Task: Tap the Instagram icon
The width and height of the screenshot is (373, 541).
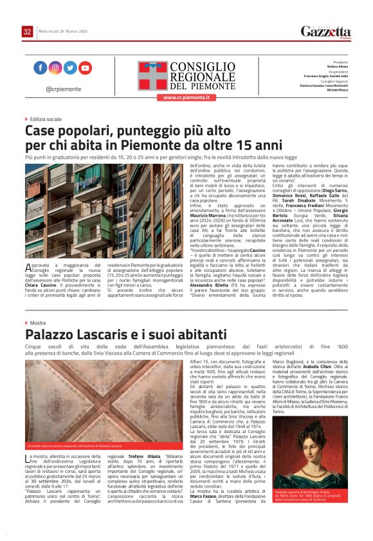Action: (55, 67)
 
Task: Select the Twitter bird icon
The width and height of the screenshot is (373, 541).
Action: (70, 67)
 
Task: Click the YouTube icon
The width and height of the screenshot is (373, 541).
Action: (85, 67)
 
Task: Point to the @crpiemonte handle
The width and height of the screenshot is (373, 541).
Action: (62, 89)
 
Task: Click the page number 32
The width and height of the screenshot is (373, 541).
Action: (27, 31)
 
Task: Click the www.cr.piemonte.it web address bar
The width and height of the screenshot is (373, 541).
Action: (186, 98)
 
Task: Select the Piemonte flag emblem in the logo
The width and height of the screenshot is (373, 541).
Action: (151, 75)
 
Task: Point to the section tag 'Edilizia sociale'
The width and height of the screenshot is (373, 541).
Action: (44, 119)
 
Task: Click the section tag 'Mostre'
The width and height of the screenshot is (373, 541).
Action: (36, 323)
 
